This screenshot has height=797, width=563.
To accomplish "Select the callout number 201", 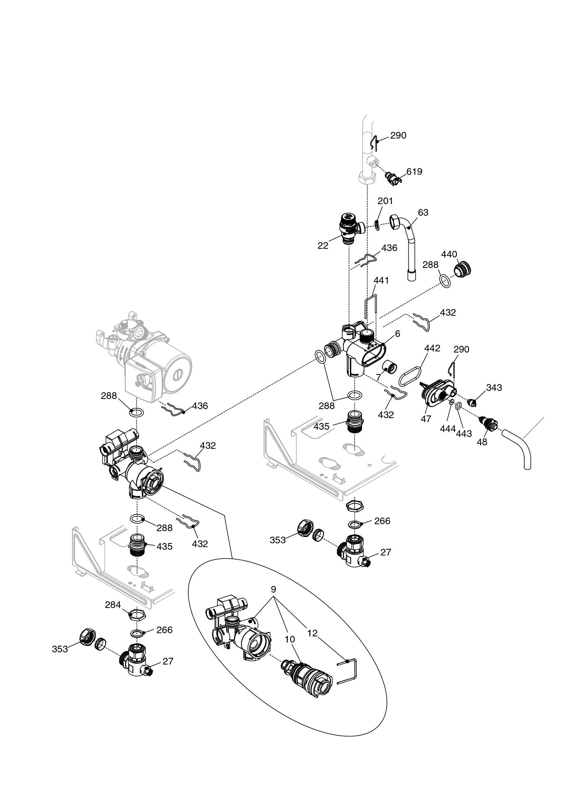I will (385, 201).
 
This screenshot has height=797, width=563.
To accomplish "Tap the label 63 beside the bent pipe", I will (423, 213).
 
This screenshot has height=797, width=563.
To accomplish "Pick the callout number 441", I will (381, 280).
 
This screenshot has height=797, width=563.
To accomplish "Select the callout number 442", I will (432, 348).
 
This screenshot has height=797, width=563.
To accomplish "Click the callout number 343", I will (494, 387).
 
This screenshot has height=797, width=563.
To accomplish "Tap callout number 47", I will (426, 419).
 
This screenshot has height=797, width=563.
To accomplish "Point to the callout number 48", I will (482, 442).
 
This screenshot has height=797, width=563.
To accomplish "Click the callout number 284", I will (113, 605).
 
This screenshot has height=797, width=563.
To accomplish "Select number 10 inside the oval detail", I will (290, 639).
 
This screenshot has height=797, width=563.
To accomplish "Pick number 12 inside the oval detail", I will (312, 633).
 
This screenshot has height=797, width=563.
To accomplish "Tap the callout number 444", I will (447, 429).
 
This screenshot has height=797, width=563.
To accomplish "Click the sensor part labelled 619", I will (393, 177).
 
